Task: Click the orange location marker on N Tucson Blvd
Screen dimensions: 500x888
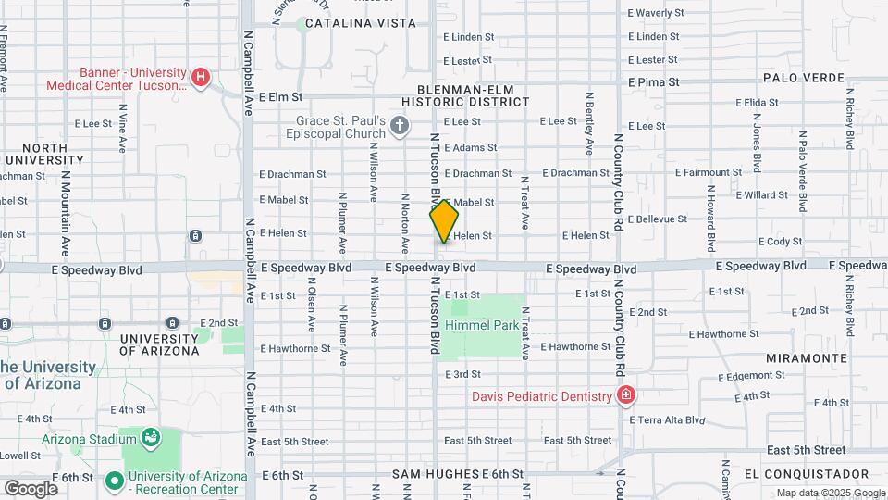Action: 444,221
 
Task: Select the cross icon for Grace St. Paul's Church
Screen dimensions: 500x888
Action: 400,125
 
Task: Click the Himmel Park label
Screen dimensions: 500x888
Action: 481,326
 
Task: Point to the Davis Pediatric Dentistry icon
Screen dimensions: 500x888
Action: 626,396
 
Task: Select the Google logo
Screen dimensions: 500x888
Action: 31,488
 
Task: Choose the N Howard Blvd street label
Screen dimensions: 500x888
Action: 710,219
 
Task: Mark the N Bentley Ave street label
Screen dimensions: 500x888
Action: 588,123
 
